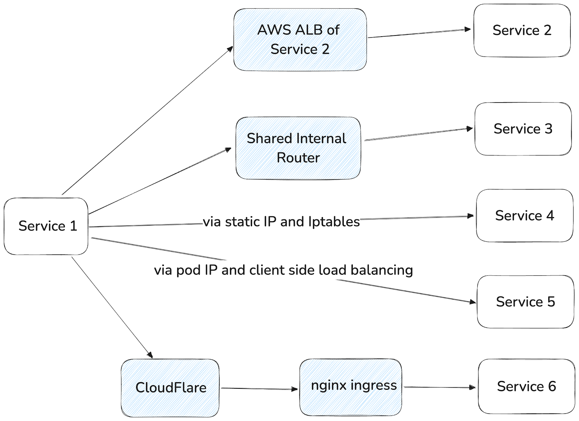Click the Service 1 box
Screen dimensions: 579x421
click(x=46, y=226)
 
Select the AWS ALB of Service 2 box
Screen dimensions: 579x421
click(x=300, y=39)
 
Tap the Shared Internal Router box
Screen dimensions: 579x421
click(x=298, y=148)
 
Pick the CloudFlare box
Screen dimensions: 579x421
click(x=170, y=388)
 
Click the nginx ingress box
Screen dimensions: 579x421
click(x=351, y=387)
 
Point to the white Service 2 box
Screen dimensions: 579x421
click(x=522, y=30)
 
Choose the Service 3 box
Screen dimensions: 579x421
click(x=523, y=129)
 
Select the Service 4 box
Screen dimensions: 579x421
click(x=525, y=216)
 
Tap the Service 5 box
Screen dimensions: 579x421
click(x=525, y=302)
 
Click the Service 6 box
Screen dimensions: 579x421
click(x=527, y=386)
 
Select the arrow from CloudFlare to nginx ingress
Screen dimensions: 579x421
click(x=259, y=388)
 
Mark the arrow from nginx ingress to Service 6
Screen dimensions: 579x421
click(x=440, y=387)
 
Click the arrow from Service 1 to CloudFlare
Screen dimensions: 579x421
click(x=112, y=308)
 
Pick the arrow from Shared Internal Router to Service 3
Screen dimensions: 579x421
click(x=418, y=134)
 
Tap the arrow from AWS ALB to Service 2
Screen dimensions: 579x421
click(x=419, y=33)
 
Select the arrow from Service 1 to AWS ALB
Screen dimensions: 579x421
click(x=147, y=121)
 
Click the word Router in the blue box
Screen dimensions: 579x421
click(x=298, y=158)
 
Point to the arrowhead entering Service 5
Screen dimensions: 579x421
click(x=473, y=302)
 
